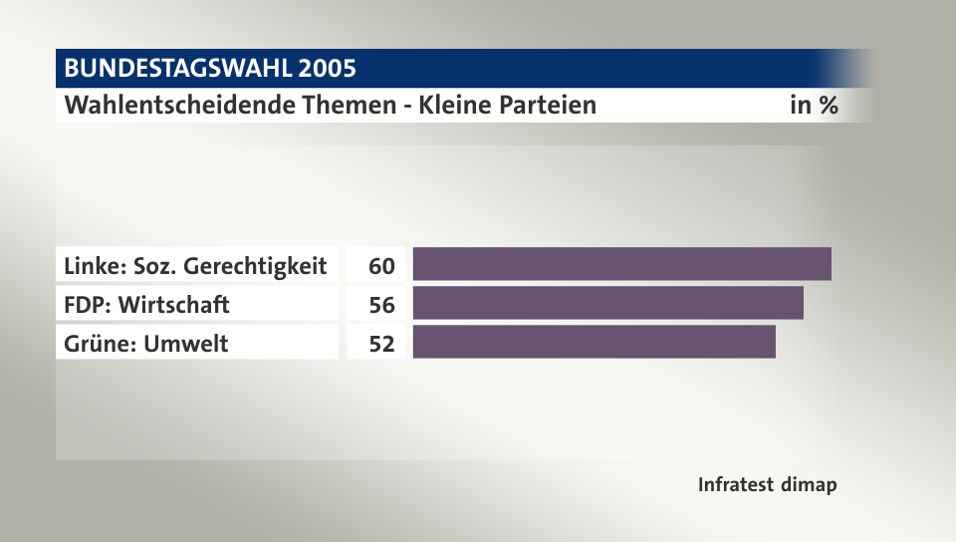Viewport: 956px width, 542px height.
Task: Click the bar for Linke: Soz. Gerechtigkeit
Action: (x=621, y=264)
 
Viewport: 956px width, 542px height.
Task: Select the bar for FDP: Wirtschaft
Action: (x=607, y=303)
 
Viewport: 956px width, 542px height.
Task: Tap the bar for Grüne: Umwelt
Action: (x=594, y=342)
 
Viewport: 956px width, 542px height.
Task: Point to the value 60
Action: (x=381, y=266)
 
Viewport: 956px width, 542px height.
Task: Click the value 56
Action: (x=381, y=305)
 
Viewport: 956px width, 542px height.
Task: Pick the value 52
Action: (x=381, y=344)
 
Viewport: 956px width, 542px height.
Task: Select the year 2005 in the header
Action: (x=327, y=69)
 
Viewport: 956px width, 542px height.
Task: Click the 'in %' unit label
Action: (x=814, y=105)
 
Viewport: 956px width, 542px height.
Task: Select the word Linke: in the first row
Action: (x=95, y=266)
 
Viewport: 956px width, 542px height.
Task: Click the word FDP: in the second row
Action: (x=88, y=305)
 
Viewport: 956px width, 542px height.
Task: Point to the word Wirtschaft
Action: (x=173, y=305)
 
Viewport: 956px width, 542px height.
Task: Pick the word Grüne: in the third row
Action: (x=98, y=344)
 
